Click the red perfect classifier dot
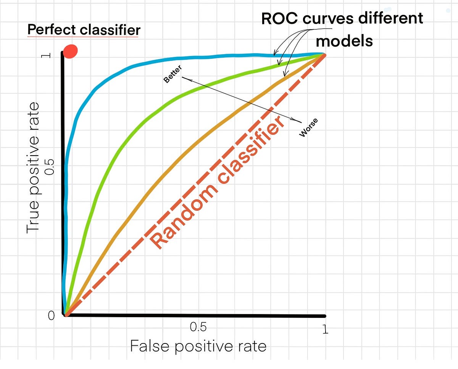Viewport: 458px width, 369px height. (71, 51)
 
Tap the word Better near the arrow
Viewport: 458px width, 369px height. (173, 74)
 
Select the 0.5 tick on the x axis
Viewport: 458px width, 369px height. (198, 327)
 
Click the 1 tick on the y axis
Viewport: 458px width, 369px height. (47, 55)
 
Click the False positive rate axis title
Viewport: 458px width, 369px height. (198, 346)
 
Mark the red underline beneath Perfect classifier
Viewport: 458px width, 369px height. (83, 37)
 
